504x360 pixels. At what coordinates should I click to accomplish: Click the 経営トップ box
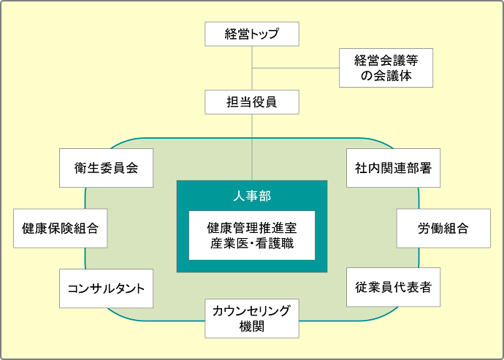pyautogui.click(x=252, y=34)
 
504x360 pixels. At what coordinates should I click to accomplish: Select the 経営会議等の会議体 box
pyautogui.click(x=386, y=67)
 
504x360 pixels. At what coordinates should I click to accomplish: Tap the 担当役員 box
pyautogui.click(x=252, y=102)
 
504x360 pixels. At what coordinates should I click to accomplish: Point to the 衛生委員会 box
pyautogui.click(x=106, y=168)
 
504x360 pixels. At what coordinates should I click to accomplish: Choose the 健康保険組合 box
pyautogui.click(x=60, y=229)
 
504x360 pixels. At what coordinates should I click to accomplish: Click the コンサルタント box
pyautogui.click(x=106, y=288)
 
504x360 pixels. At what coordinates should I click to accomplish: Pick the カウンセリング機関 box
pyautogui.click(x=252, y=318)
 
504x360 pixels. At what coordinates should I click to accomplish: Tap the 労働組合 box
pyautogui.click(x=443, y=229)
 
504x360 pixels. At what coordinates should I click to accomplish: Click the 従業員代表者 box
pyautogui.click(x=394, y=288)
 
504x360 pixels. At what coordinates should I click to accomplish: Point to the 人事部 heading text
pyautogui.click(x=252, y=196)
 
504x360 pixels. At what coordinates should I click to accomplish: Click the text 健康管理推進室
pyautogui.click(x=252, y=228)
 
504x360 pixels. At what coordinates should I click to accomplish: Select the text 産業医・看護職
pyautogui.click(x=252, y=243)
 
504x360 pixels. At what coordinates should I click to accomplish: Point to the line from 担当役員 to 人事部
pyautogui.click(x=252, y=146)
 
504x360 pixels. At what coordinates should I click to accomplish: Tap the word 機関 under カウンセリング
pyautogui.click(x=252, y=326)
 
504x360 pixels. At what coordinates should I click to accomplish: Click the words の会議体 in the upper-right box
pyautogui.click(x=386, y=75)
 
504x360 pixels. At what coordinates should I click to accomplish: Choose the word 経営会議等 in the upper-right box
pyautogui.click(x=386, y=60)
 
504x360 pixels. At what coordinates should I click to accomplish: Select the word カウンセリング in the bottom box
pyautogui.click(x=252, y=311)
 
